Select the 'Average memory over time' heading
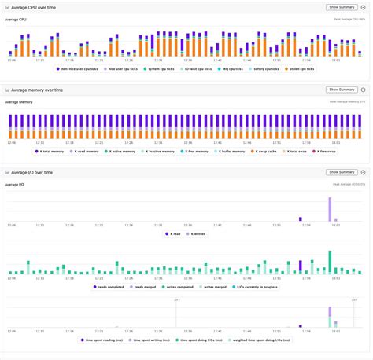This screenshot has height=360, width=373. [39, 90]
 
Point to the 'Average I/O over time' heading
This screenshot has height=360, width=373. [36, 172]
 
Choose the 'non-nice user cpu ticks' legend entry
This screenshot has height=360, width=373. [79, 68]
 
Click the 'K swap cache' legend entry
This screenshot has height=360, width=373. [268, 151]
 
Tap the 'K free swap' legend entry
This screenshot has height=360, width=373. [325, 151]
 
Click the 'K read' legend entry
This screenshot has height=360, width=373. [174, 233]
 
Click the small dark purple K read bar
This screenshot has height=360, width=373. [301, 219]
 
